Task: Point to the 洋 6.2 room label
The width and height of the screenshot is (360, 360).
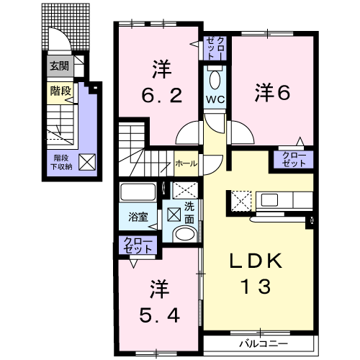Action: click(x=158, y=84)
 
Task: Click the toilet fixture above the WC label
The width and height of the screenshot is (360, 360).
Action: click(x=215, y=78)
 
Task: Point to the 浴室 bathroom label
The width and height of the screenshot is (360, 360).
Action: click(x=138, y=215)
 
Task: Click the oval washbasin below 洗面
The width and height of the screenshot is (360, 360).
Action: click(x=184, y=234)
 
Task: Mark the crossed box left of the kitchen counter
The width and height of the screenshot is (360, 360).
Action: click(x=240, y=199)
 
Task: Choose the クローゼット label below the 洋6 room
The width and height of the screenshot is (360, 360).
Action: click(x=292, y=160)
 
